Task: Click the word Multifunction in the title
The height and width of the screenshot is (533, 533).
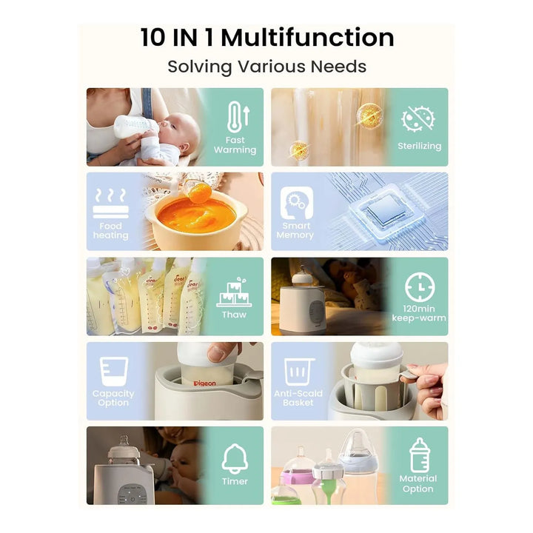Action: [308, 38]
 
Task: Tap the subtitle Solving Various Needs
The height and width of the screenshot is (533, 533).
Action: [266, 67]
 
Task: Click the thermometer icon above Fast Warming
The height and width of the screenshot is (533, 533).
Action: [238, 117]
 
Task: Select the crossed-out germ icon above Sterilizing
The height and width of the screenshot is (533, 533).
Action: [418, 118]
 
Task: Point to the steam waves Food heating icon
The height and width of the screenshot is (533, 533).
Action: [111, 203]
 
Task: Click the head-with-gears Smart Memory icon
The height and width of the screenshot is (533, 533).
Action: [296, 203]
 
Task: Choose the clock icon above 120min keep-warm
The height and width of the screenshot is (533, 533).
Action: [420, 287]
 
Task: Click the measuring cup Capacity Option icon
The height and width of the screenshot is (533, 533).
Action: [114, 371]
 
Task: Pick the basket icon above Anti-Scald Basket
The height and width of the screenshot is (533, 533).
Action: [299, 372]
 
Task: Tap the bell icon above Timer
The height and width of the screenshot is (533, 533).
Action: [235, 458]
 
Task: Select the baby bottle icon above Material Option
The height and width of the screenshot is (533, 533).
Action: [420, 455]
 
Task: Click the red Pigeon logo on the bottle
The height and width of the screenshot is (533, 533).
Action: [204, 383]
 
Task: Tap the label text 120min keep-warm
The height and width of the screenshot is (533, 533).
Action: [419, 313]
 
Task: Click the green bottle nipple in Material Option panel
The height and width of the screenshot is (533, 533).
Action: [328, 483]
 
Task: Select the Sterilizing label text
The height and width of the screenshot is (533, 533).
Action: [420, 146]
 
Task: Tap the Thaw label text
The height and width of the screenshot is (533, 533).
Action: [234, 315]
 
